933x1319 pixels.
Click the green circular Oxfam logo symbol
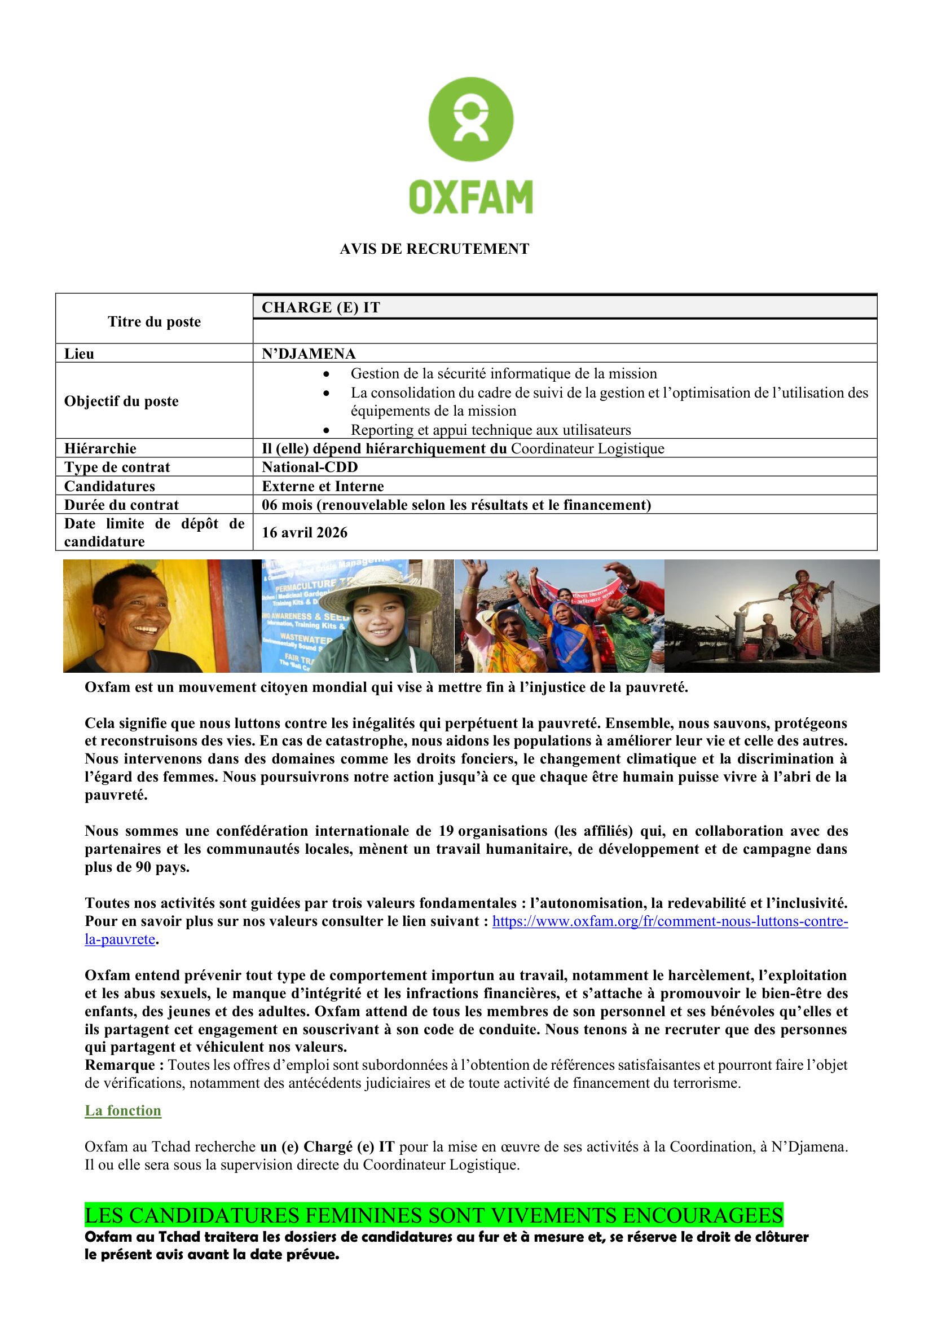[x=470, y=119]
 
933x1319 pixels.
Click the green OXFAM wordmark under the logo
[x=470, y=197]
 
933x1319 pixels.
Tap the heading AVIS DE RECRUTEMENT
[x=434, y=249]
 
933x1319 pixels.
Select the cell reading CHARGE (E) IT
[x=320, y=308]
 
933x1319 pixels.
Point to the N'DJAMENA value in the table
[x=309, y=354]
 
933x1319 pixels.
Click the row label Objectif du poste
[x=121, y=401]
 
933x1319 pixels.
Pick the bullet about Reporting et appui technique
[x=491, y=430]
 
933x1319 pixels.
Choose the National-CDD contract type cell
[x=310, y=467]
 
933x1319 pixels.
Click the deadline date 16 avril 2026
[x=305, y=532]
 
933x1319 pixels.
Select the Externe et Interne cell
[x=323, y=486]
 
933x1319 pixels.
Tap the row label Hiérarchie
[x=100, y=449]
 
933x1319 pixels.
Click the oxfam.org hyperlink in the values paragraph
[x=670, y=921]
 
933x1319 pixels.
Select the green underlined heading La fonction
[x=123, y=1110]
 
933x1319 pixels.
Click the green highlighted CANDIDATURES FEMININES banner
[x=434, y=1216]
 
